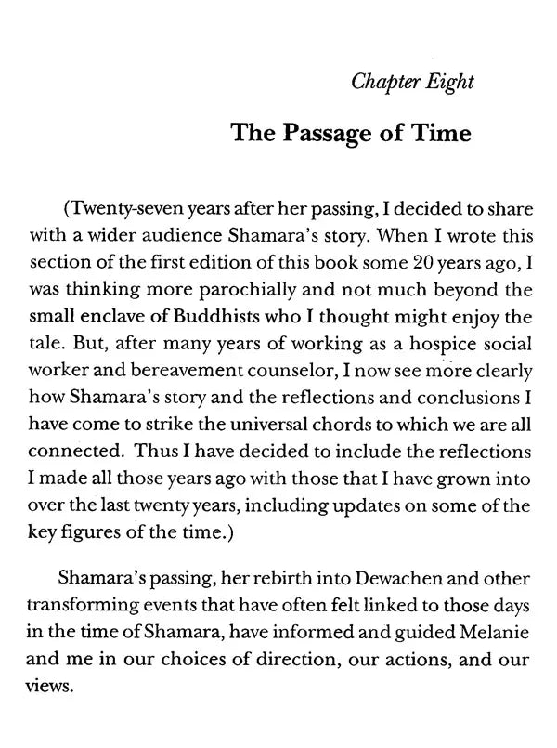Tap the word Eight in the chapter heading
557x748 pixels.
[448, 81]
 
